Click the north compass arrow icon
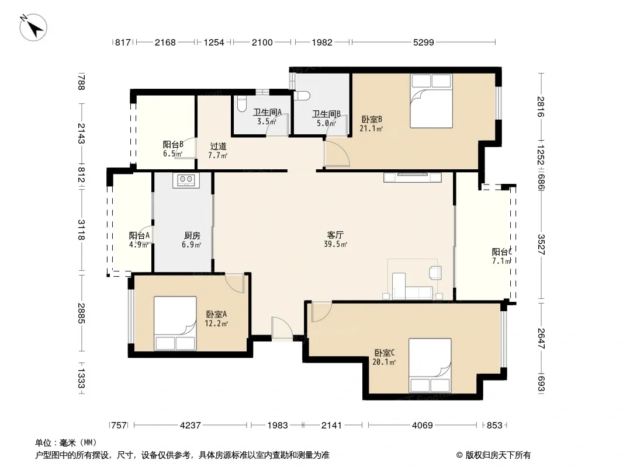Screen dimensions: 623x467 coord(33,27)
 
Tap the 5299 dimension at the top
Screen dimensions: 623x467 coord(424,42)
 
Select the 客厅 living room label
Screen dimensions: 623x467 coord(335,235)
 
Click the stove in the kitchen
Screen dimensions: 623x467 coord(186,180)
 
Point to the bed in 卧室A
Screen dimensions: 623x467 coord(175,323)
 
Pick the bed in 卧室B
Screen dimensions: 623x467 coord(431,101)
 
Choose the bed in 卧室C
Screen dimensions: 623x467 coord(430,365)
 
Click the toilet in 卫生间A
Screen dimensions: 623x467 coord(241,103)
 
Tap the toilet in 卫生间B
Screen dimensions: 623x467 coord(302,96)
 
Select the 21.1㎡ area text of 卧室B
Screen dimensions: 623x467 coord(371,128)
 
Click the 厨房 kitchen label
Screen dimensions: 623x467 coord(192,236)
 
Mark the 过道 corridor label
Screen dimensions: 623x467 coord(218,147)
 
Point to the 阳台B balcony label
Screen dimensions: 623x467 coord(173,144)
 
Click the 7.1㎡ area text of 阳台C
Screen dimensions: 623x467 coord(501,261)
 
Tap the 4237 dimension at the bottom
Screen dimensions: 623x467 coord(191,426)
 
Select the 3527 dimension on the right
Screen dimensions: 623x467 coord(541,245)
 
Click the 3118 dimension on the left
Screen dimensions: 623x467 coord(81,230)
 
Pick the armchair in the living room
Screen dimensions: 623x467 coord(435,273)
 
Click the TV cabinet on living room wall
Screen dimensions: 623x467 coord(413,177)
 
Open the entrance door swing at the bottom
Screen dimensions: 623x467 coord(282,329)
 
